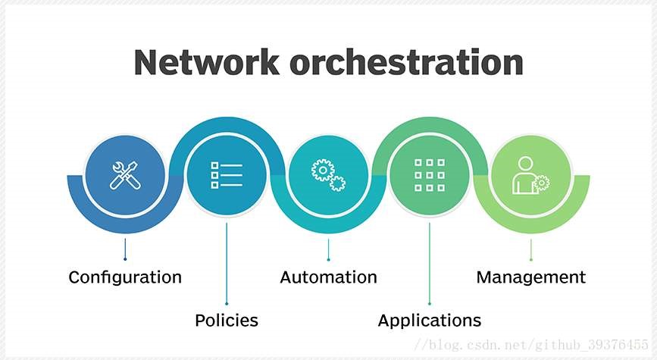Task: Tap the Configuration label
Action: click(x=125, y=277)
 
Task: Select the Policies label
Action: click(x=227, y=321)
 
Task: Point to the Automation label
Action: click(x=328, y=277)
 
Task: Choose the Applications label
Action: click(x=430, y=321)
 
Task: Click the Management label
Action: click(x=530, y=277)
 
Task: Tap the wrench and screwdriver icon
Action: click(x=125, y=175)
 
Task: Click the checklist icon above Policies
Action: click(x=227, y=175)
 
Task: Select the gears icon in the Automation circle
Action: click(x=328, y=175)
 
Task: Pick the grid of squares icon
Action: click(x=430, y=175)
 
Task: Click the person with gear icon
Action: click(x=530, y=175)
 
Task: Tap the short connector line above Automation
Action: click(x=328, y=249)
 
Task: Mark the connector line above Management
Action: click(x=530, y=249)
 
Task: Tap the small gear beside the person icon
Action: click(x=540, y=183)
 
